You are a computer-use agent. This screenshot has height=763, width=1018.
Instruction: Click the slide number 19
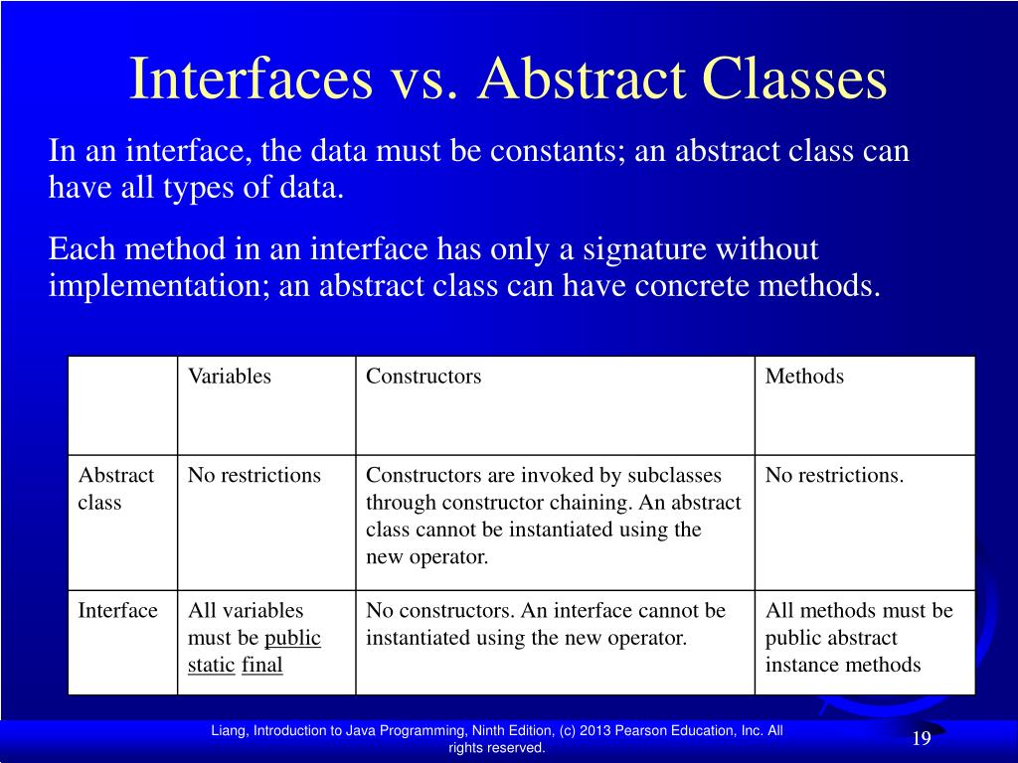click(x=921, y=738)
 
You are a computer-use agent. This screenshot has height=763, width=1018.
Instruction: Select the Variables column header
click(x=230, y=377)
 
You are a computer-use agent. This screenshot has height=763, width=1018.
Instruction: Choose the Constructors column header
click(x=424, y=377)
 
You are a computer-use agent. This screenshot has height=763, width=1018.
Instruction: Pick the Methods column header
click(x=804, y=377)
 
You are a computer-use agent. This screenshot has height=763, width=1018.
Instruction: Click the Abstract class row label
click(x=115, y=489)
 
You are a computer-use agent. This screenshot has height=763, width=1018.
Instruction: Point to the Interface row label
click(x=117, y=610)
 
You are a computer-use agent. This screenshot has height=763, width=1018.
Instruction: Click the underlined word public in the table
click(x=292, y=638)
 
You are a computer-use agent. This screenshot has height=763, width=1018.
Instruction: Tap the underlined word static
click(x=211, y=665)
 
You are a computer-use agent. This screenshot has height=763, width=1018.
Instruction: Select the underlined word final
click(x=262, y=665)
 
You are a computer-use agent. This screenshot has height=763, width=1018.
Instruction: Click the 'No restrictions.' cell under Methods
click(x=834, y=475)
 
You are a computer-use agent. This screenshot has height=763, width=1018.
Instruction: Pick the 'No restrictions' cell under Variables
click(x=254, y=475)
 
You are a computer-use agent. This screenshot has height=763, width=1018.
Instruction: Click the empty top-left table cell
click(x=122, y=405)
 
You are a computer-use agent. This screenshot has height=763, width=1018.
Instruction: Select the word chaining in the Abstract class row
click(x=598, y=502)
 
